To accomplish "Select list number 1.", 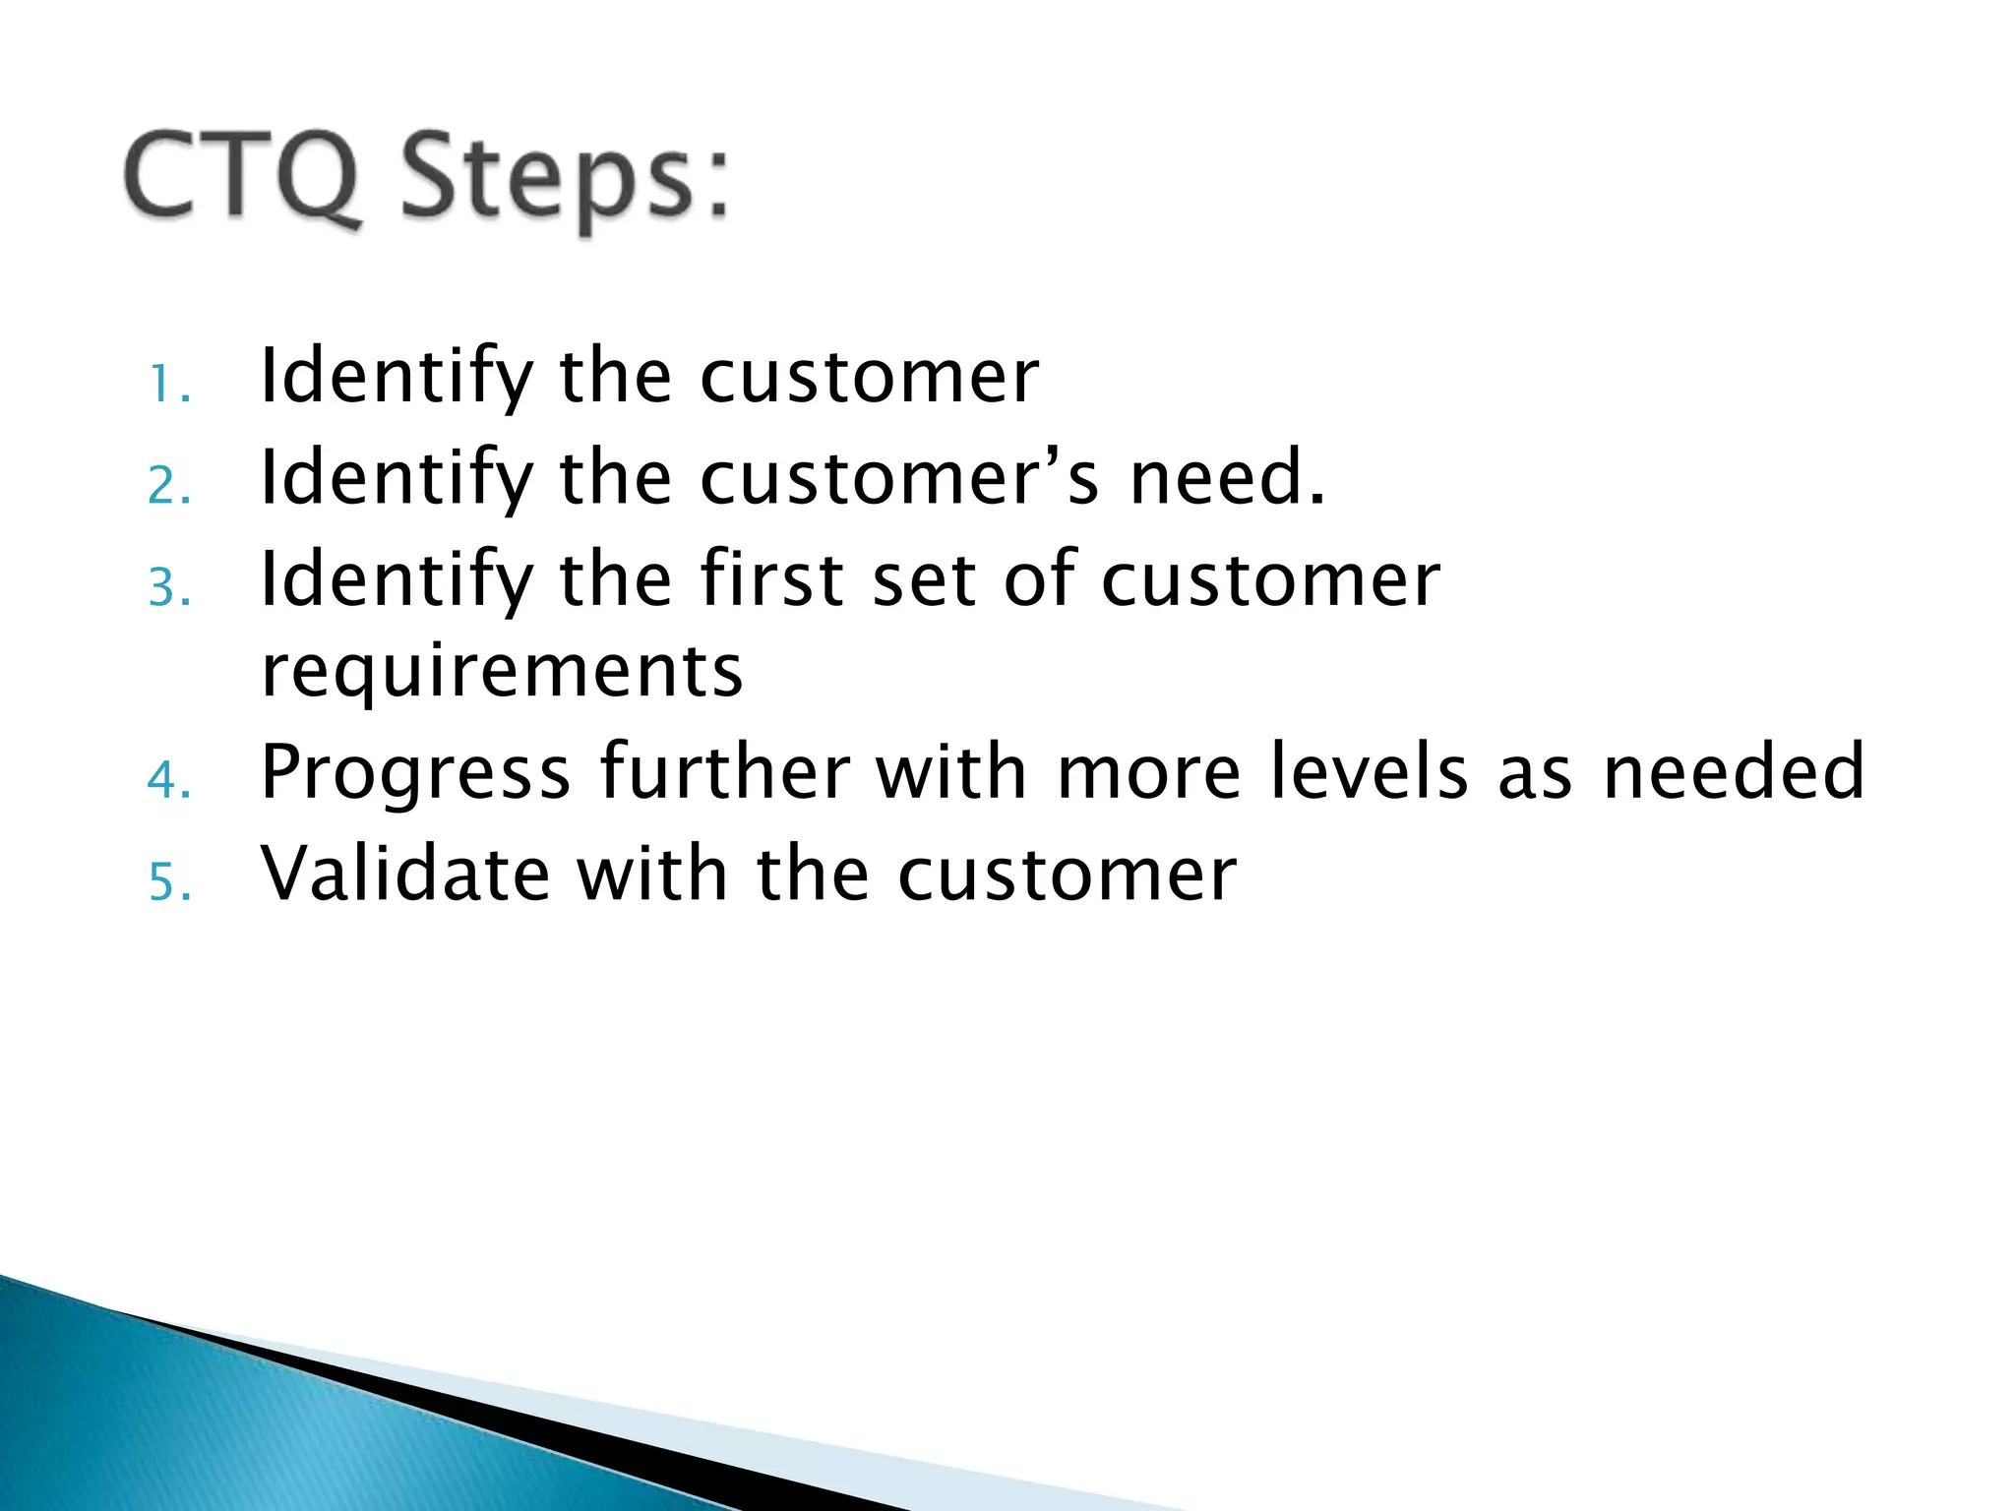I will [168, 386].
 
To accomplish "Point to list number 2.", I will [168, 487].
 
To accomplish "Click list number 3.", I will [168, 589].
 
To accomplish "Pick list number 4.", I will [168, 781].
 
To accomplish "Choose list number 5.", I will [168, 882].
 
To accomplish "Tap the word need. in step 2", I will [1227, 478].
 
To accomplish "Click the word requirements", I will [502, 673].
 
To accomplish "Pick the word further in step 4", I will [725, 772].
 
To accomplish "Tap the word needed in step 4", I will [1733, 772].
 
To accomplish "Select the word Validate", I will [404, 874].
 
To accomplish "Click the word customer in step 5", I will [1067, 876].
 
